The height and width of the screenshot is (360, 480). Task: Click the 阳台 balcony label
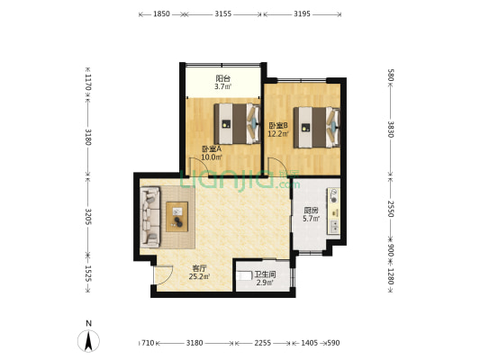(222, 78)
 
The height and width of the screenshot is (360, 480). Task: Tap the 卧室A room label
(212, 149)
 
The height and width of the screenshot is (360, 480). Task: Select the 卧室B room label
(278, 125)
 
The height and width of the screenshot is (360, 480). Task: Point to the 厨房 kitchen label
(311, 211)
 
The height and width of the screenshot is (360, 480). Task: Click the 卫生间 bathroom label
(265, 274)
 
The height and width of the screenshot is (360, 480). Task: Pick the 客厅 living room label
(199, 268)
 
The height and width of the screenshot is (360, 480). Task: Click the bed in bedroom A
(237, 124)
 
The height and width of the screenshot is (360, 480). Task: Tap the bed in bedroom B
(316, 127)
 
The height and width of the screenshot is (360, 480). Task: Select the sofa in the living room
(150, 217)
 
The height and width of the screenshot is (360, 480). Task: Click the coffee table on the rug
(177, 217)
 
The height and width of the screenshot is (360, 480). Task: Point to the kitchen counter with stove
(334, 211)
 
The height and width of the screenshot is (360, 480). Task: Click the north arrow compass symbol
(88, 341)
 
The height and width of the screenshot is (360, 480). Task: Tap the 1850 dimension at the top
(161, 14)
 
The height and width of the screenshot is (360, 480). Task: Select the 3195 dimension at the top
(303, 14)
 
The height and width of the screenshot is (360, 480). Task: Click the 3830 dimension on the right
(391, 130)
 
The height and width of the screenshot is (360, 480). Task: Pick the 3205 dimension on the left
(88, 217)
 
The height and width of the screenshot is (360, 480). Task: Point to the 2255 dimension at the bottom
(263, 343)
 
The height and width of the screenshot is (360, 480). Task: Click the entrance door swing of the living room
(164, 274)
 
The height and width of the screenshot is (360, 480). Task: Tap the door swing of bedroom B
(274, 166)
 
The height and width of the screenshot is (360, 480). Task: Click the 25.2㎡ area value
(199, 277)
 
